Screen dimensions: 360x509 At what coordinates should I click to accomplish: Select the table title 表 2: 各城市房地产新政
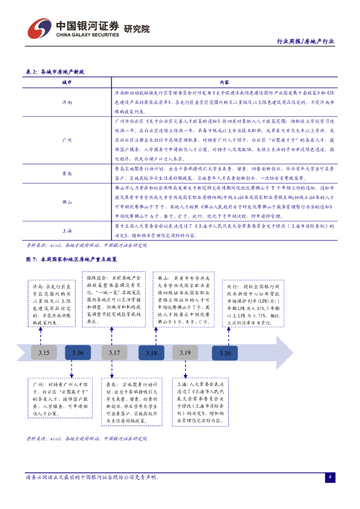[x=55, y=72]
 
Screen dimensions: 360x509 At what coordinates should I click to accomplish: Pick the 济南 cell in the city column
[x=67, y=102]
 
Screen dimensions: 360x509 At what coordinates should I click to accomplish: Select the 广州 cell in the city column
[x=67, y=140]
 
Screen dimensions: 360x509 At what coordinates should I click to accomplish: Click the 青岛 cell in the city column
[x=67, y=173]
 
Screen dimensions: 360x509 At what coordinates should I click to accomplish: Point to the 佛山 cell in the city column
[x=67, y=202]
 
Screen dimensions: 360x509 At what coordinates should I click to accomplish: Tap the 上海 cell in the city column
[x=67, y=231]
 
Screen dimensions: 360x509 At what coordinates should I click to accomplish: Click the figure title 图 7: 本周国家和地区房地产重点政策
[x=72, y=259]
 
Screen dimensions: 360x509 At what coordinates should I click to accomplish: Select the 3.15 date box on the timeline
[x=44, y=353]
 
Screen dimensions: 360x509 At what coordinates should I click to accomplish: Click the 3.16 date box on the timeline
[x=78, y=353]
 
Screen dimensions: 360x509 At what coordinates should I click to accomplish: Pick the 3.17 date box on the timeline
[x=114, y=353]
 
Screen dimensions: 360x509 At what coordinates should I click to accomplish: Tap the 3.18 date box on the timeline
[x=151, y=353]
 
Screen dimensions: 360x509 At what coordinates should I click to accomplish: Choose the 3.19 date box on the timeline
[x=185, y=353]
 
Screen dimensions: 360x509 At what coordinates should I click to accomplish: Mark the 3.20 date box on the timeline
[x=225, y=353]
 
